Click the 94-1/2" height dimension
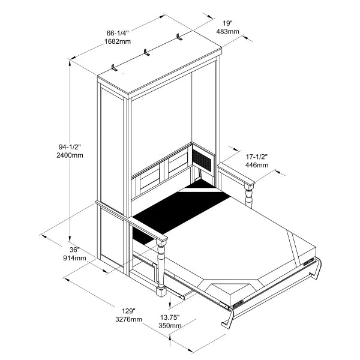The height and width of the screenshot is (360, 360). [70, 146]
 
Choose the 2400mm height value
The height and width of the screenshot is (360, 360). [70, 155]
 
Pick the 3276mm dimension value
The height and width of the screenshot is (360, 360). [128, 320]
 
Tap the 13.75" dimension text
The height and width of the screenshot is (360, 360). [169, 317]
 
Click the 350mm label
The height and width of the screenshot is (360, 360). [169, 326]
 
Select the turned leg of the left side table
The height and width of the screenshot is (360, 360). [160, 267]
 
